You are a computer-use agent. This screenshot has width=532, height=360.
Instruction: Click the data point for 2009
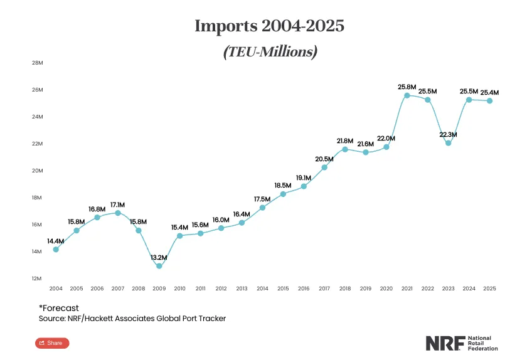tap(159, 266)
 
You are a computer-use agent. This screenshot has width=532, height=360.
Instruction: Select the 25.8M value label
tap(407, 86)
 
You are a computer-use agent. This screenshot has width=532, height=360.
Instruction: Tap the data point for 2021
tap(407, 95)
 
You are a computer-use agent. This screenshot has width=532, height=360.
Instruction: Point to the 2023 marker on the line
tap(449, 143)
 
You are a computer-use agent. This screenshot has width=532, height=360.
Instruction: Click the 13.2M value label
tap(159, 257)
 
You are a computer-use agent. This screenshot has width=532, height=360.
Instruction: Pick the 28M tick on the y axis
tap(37, 63)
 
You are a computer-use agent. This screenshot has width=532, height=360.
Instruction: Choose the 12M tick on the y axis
tap(37, 278)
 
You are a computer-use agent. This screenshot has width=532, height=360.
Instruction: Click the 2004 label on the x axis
tap(56, 289)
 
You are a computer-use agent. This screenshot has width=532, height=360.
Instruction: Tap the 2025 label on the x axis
tap(490, 289)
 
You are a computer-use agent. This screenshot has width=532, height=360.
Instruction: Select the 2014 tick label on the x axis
tap(262, 289)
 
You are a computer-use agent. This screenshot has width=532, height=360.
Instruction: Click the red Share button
tap(52, 343)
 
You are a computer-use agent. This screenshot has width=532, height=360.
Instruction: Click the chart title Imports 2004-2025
tap(270, 26)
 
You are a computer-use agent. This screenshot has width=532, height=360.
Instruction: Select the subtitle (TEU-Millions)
tap(270, 52)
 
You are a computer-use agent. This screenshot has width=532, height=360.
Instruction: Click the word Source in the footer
tap(51, 319)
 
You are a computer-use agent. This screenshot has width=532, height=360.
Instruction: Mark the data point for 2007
tap(118, 213)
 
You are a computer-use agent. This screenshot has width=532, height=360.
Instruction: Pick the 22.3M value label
tap(449, 134)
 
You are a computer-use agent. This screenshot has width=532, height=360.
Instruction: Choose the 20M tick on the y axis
tap(37, 171)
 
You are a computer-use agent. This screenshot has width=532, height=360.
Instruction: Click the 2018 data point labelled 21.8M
tap(345, 149)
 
